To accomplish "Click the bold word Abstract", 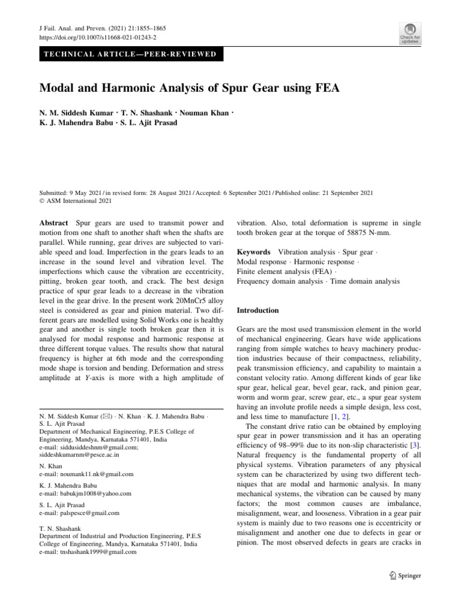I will click(x=53, y=222).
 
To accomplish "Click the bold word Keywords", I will click(x=253, y=252).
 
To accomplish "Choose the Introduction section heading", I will click(x=258, y=311).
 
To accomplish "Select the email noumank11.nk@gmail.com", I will click(x=86, y=474).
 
